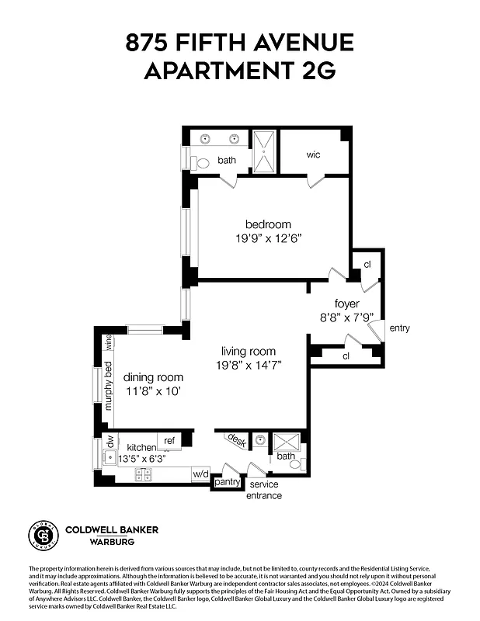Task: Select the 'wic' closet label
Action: click(x=313, y=154)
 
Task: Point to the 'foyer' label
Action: click(x=346, y=303)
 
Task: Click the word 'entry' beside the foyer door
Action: click(x=399, y=328)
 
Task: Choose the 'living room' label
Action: click(x=248, y=352)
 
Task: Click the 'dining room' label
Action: click(x=154, y=377)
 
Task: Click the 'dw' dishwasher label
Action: click(x=110, y=441)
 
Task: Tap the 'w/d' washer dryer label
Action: click(x=200, y=473)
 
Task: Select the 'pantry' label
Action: click(x=227, y=482)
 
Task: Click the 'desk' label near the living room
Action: click(x=235, y=441)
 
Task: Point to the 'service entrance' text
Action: click(x=264, y=490)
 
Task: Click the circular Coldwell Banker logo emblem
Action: click(x=43, y=535)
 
